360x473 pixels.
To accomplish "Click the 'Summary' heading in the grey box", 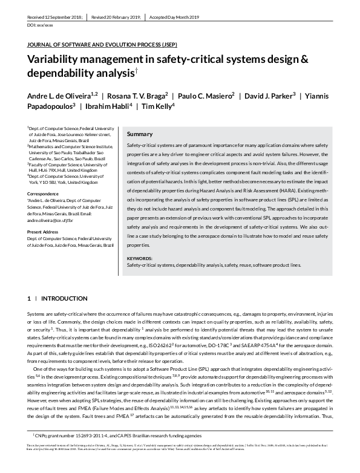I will (x=140, y=134).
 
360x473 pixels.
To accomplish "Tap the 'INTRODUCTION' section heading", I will (x=65, y=299).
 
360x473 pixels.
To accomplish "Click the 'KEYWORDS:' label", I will (x=140, y=275).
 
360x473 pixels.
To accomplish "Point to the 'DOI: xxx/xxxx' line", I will (x=40, y=27).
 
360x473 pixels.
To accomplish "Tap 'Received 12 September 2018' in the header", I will (x=54, y=18).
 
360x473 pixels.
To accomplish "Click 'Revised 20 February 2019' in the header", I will (x=116, y=18).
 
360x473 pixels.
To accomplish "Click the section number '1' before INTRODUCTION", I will (x=28, y=299).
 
